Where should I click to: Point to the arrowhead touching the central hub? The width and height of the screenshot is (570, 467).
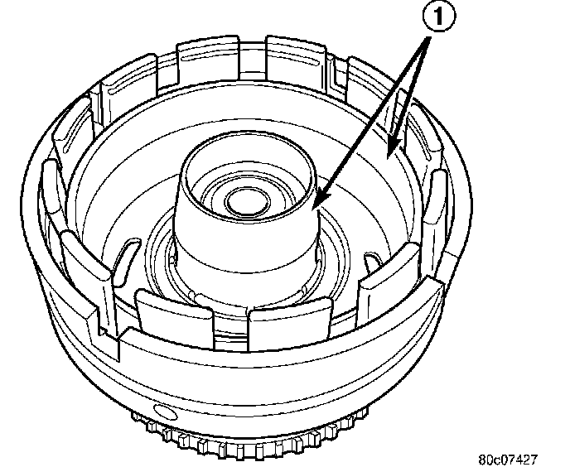point(317,200)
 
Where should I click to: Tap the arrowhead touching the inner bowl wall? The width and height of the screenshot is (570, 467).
point(395,148)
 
